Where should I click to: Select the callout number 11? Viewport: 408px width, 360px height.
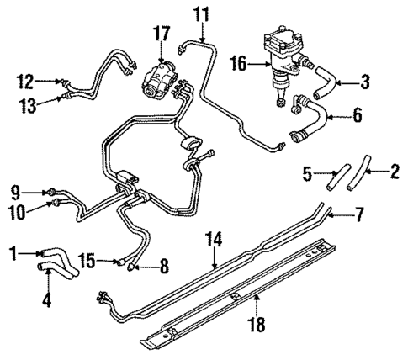(x=199, y=14)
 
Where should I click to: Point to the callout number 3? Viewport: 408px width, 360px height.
(x=365, y=82)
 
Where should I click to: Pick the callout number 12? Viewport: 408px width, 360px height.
(x=25, y=82)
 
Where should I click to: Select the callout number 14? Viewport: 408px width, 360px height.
(x=215, y=240)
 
